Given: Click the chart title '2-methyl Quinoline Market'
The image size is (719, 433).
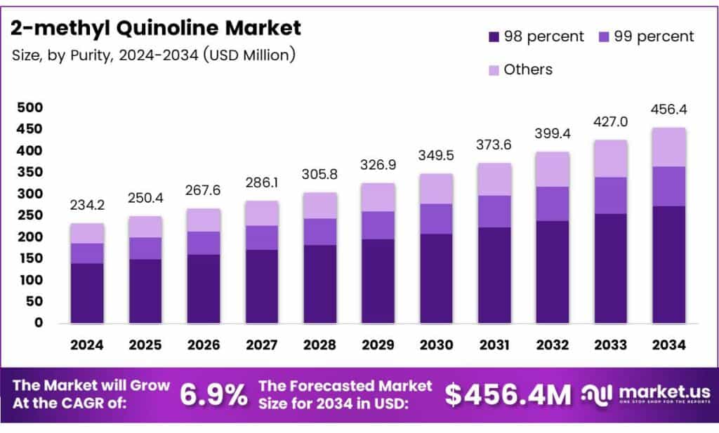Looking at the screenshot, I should point(156,28).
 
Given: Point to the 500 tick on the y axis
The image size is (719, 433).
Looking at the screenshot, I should point(29,107).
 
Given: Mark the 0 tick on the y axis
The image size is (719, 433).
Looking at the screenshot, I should point(39,323).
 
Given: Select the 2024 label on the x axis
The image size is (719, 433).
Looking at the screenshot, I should point(87,345).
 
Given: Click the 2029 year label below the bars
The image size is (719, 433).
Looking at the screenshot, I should point(377,345).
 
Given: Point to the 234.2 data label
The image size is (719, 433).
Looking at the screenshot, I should point(87,206).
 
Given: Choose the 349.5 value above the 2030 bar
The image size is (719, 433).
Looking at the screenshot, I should point(435,156).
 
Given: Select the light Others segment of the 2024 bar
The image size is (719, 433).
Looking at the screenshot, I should point(87,233).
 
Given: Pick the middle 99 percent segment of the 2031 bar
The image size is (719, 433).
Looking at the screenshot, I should point(494,211).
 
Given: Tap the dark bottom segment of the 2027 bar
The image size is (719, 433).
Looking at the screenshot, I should point(261,286).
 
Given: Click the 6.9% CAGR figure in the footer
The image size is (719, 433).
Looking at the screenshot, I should point(213,395).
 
